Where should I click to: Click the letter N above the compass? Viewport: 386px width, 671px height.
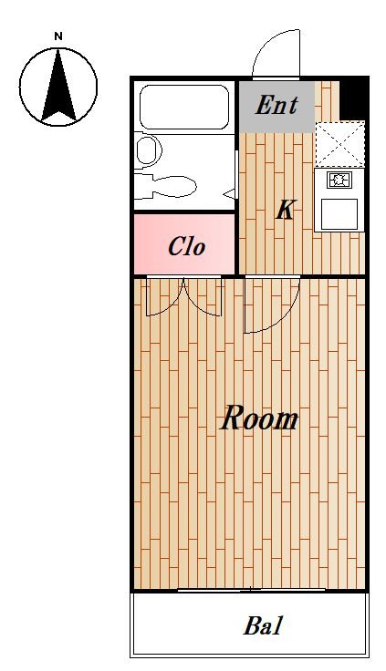(58, 36)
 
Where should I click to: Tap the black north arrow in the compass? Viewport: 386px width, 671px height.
(58, 86)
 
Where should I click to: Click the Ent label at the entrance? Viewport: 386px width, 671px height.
(276, 105)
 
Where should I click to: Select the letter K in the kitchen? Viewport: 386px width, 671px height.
(285, 210)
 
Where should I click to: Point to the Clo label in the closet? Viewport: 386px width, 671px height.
(186, 247)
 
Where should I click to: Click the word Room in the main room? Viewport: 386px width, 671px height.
(259, 418)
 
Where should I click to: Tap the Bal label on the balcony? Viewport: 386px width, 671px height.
(264, 625)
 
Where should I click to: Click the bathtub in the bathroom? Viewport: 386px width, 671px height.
(184, 107)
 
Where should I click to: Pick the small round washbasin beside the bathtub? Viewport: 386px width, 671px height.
(149, 150)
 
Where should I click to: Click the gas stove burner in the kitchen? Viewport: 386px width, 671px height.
(339, 180)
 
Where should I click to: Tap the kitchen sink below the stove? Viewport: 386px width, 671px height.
(339, 214)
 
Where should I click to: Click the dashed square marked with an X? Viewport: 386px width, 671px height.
(339, 144)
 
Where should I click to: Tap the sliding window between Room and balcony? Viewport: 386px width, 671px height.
(252, 590)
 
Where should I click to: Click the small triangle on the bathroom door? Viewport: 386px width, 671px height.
(230, 193)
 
